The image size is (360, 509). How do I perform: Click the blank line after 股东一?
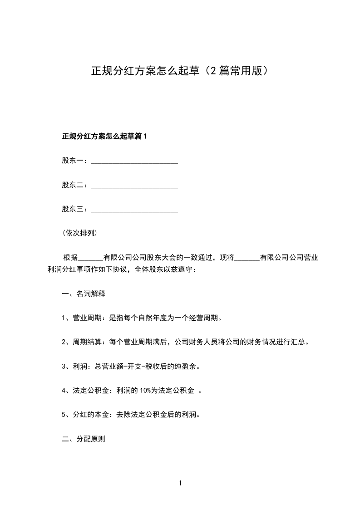point(134,161)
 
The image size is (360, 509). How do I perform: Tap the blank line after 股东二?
point(134,186)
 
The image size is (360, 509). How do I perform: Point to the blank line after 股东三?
point(134,210)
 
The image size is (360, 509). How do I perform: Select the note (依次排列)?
point(79,234)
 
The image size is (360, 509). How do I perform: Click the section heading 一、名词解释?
point(83,294)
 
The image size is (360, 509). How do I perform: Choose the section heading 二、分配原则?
point(83,439)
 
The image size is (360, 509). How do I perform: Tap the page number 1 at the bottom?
point(180,483)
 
